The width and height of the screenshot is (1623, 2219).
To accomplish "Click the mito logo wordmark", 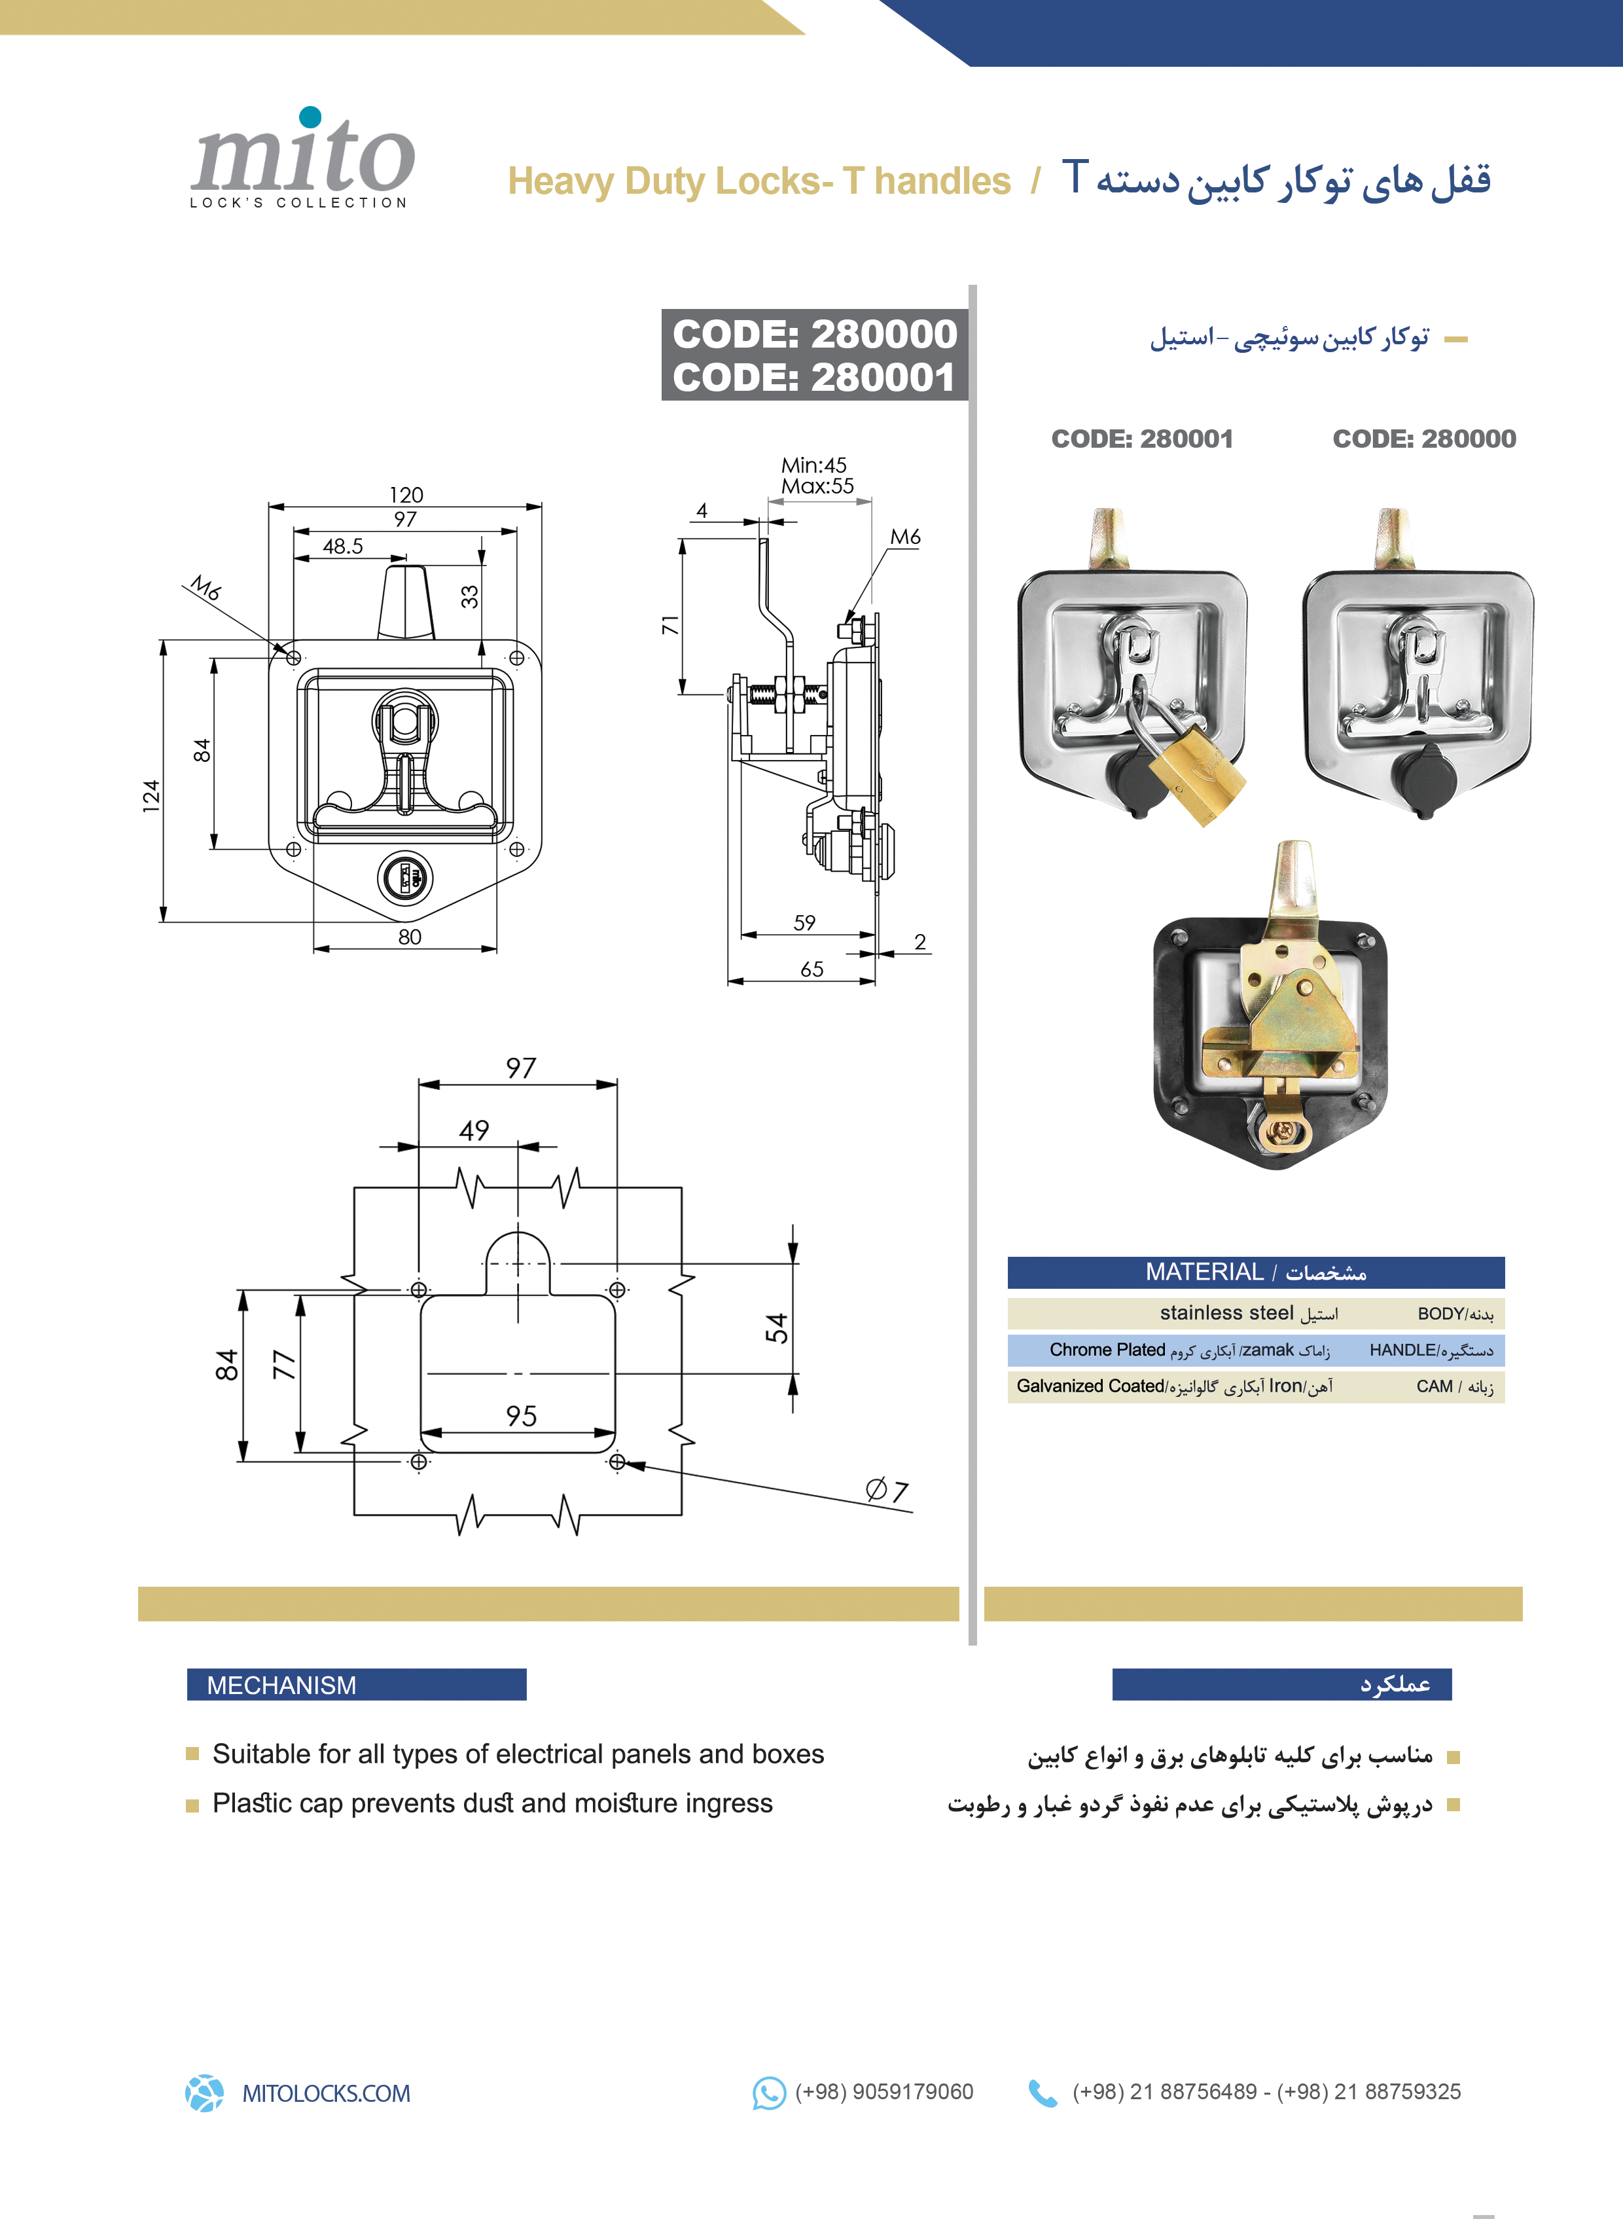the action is (x=302, y=156).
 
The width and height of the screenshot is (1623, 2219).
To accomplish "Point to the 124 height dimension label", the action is (x=151, y=795).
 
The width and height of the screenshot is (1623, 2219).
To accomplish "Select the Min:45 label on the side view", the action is (x=813, y=465).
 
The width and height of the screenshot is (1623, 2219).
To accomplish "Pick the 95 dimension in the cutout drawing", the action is (x=522, y=1416).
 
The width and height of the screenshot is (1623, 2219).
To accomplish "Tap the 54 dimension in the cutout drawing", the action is (x=776, y=1327).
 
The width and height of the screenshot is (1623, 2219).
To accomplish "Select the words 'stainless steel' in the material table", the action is (x=1226, y=1313).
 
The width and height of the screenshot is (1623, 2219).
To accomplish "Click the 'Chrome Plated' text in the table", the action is (x=1107, y=1349).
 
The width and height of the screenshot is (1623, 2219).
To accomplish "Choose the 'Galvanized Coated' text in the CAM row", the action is (x=1090, y=1386).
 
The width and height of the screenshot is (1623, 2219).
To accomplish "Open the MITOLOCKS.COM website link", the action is (x=326, y=2093).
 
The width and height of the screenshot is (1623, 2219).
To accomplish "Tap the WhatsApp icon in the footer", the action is (x=768, y=2093).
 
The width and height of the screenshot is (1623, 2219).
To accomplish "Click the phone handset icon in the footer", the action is (x=1043, y=2093).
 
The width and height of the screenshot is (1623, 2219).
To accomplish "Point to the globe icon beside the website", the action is (x=204, y=2093).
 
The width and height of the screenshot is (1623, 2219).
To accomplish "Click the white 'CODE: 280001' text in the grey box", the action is (x=813, y=378).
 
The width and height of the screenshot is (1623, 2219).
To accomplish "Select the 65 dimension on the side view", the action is (x=811, y=969).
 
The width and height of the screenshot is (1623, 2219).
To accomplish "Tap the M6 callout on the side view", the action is (x=905, y=537).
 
